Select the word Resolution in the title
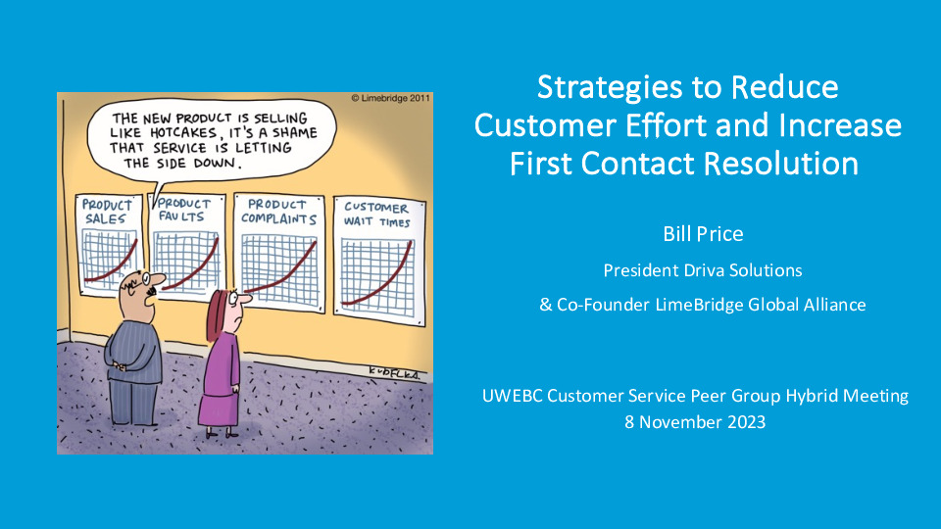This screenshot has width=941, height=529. click(x=780, y=163)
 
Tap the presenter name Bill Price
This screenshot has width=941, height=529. click(x=702, y=234)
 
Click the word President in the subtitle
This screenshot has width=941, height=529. click(x=638, y=269)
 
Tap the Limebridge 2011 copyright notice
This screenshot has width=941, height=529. click(x=389, y=99)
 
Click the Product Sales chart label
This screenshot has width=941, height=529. click(x=106, y=212)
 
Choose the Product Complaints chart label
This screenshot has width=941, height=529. click(x=278, y=212)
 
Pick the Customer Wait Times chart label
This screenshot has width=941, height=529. click(x=376, y=214)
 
